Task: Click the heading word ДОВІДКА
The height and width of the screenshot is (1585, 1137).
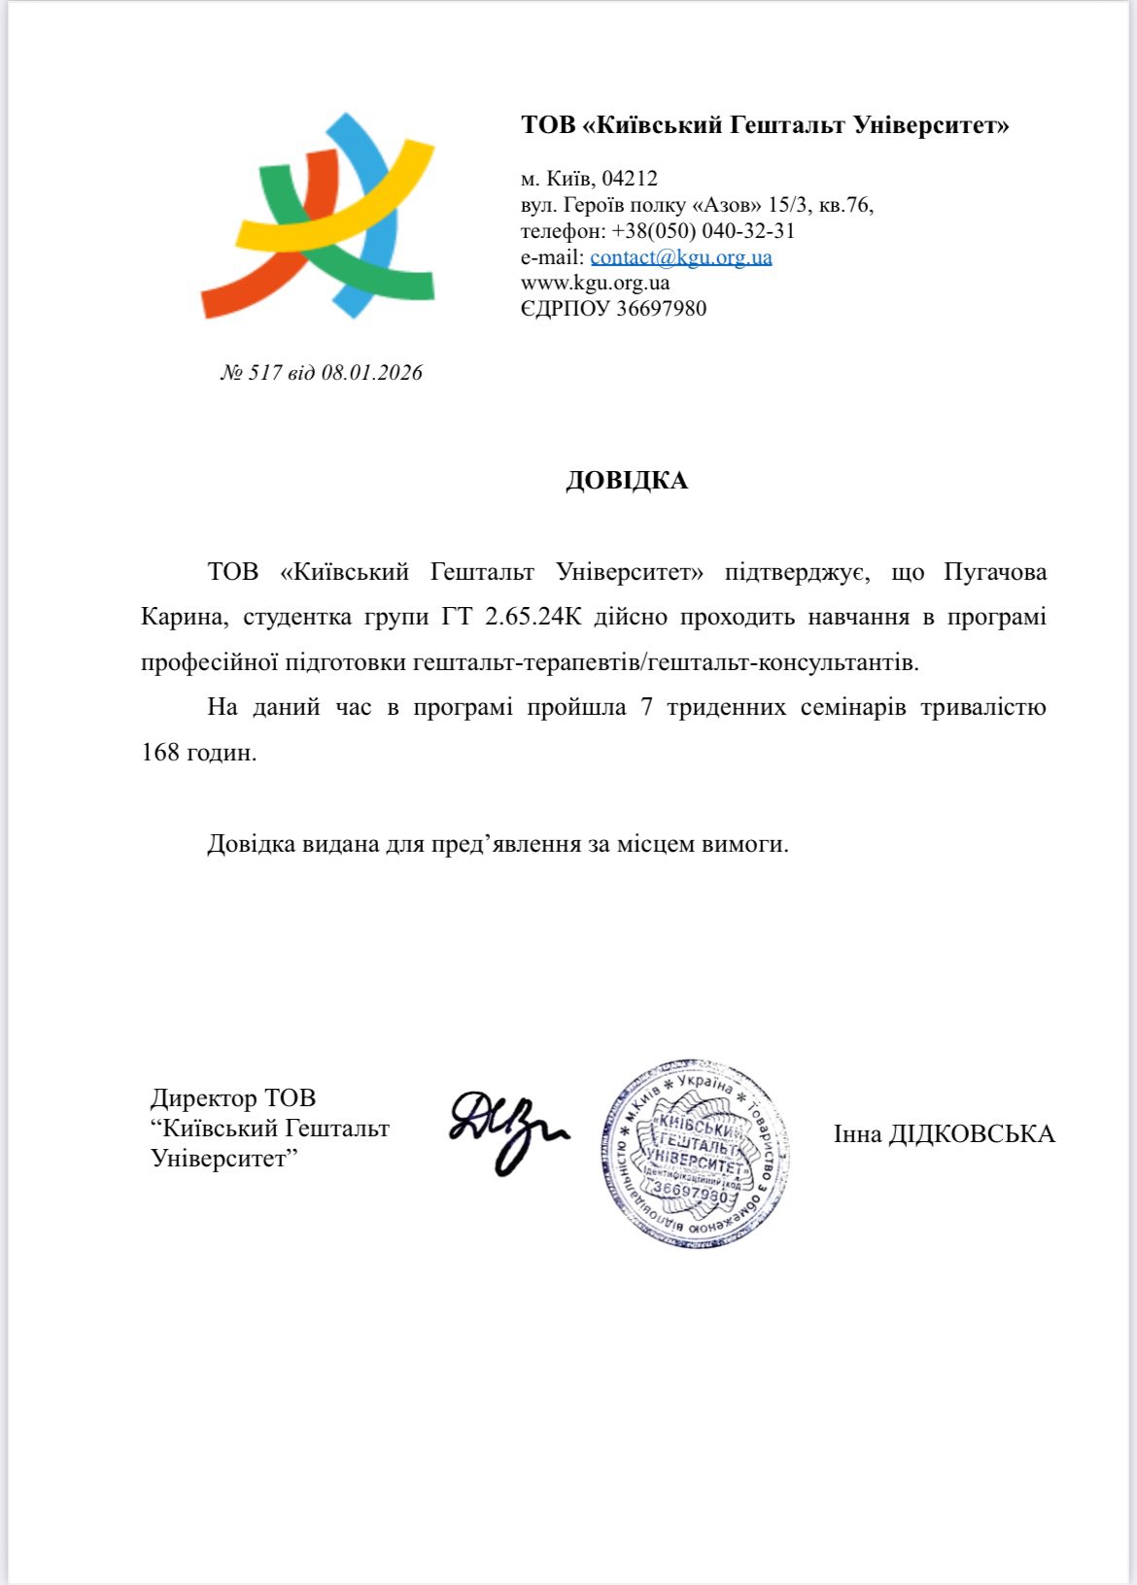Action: point(627,481)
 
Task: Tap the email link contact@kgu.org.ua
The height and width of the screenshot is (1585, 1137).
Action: point(680,257)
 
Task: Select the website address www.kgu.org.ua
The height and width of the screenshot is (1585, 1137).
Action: point(595,284)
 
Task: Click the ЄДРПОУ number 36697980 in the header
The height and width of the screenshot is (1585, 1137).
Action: point(661,309)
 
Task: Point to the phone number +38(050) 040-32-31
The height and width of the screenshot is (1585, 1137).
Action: point(703,231)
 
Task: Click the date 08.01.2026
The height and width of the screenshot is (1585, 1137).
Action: point(372,373)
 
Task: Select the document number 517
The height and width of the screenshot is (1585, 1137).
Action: point(264,373)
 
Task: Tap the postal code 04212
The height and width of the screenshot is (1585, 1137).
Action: point(630,179)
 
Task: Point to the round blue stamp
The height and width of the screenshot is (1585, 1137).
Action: point(694,1153)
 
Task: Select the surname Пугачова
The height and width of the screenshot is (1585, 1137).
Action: point(995,572)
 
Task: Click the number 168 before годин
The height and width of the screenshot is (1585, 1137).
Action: point(160,753)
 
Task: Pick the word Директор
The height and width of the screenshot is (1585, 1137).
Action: point(203,1098)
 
